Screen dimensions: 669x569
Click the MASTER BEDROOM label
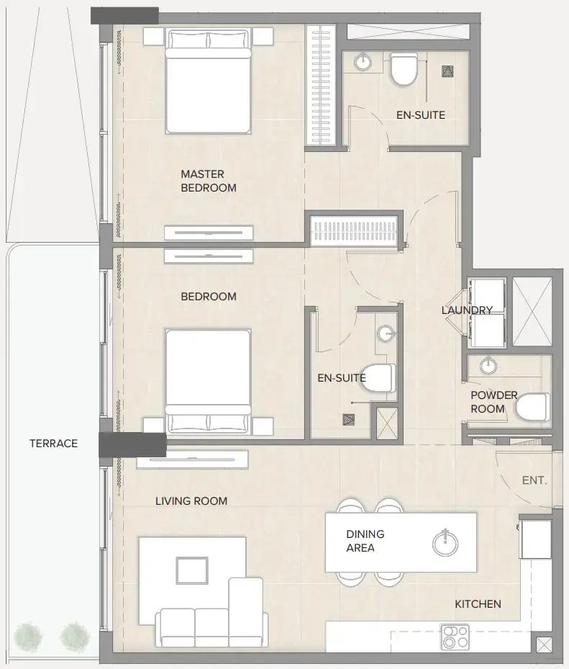click(208, 181)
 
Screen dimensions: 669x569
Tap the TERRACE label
click(53, 444)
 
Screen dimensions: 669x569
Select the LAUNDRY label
click(467, 310)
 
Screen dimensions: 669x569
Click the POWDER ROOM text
click(493, 402)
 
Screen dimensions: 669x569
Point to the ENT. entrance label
click(534, 480)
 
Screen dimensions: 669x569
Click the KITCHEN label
click(478, 604)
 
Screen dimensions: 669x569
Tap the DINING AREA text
click(365, 541)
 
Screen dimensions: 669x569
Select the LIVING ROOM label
click(191, 501)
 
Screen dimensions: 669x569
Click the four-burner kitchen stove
click(455, 637)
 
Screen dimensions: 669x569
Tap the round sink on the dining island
click(445, 543)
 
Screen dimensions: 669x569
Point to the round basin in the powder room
click(489, 366)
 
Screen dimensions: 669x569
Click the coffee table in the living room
click(192, 571)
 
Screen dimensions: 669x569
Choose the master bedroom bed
click(209, 81)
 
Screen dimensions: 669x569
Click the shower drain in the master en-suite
click(447, 70)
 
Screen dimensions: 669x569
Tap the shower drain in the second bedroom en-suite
click(350, 419)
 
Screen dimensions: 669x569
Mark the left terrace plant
click(27, 636)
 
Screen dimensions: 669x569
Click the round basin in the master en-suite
click(364, 63)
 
